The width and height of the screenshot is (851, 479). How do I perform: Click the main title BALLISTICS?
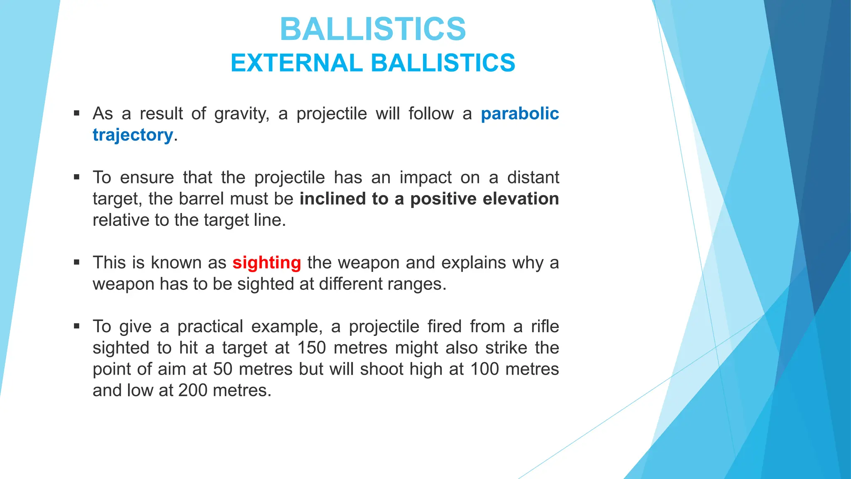pyautogui.click(x=373, y=29)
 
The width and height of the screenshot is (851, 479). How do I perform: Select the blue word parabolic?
pyautogui.click(x=519, y=114)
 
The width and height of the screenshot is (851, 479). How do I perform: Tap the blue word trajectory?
pyautogui.click(x=133, y=135)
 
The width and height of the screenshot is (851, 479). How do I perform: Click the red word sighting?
pyautogui.click(x=266, y=263)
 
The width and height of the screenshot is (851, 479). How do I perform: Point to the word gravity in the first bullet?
pyautogui.click(x=241, y=114)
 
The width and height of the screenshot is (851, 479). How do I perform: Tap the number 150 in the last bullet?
pyautogui.click(x=312, y=348)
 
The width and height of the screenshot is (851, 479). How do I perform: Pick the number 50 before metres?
pyautogui.click(x=222, y=369)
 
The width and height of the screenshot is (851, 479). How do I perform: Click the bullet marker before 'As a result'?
pyautogui.click(x=76, y=113)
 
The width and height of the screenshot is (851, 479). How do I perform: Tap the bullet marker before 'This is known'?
pyautogui.click(x=76, y=262)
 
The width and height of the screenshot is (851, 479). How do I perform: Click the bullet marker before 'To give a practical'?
pyautogui.click(x=76, y=326)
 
